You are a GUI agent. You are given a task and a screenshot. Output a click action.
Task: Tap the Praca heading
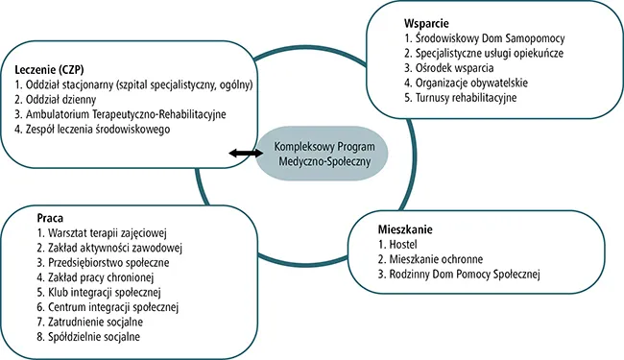click(38, 217)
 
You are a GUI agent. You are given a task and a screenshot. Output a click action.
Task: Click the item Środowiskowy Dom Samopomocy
click(479, 37)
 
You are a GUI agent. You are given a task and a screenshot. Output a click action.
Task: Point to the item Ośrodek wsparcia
click(443, 67)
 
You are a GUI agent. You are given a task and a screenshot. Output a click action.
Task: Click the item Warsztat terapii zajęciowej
click(92, 232)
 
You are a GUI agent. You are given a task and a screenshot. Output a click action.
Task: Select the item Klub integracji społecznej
click(91, 293)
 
